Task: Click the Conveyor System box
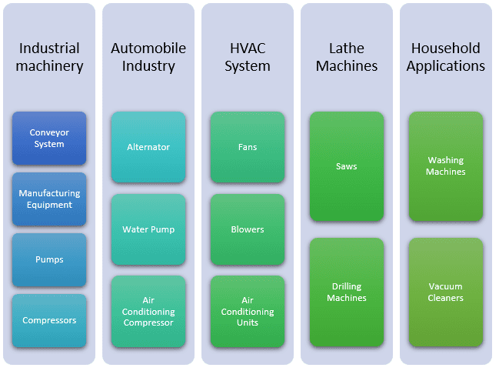click(x=49, y=139)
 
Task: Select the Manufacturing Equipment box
click(x=49, y=199)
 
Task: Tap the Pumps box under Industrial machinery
click(x=49, y=260)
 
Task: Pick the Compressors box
click(x=49, y=320)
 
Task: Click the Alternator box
click(x=148, y=147)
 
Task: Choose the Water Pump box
click(x=148, y=229)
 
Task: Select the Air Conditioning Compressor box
click(x=148, y=312)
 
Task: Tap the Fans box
click(x=248, y=147)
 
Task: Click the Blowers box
click(x=248, y=229)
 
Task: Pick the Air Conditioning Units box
click(x=248, y=312)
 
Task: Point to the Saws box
click(x=346, y=166)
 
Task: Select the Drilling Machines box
click(x=346, y=292)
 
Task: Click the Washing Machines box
click(x=446, y=166)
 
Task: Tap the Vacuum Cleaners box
click(x=446, y=292)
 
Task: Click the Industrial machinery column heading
click(x=49, y=57)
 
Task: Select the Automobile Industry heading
click(x=148, y=57)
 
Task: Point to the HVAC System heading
click(x=248, y=57)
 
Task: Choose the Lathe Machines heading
click(x=346, y=57)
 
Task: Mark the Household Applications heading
click(x=446, y=57)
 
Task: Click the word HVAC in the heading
click(x=248, y=48)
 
